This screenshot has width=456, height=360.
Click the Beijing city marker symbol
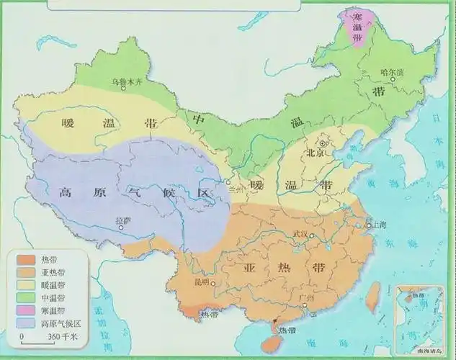coord(322,143)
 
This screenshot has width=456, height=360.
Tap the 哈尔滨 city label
coord(393,73)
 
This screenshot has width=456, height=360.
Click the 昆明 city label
coord(202,282)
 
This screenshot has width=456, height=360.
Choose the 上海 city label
coord(377,225)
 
